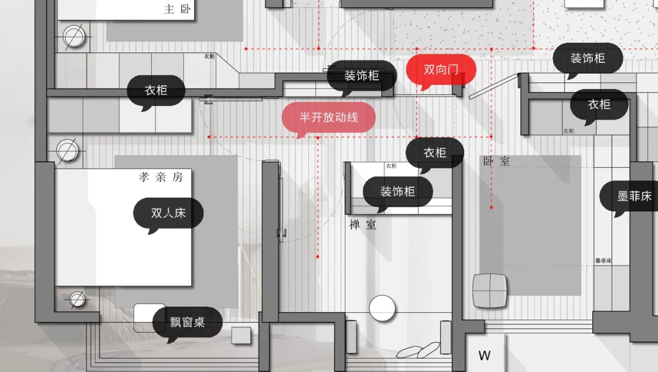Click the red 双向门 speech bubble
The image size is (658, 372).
point(440,70)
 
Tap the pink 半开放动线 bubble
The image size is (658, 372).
point(328,118)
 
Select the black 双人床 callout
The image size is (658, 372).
point(168,213)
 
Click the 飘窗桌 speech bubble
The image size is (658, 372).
point(187,322)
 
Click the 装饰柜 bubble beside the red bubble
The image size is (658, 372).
point(361,76)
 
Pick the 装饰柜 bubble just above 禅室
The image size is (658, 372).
point(397,191)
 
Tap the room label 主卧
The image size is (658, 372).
point(177,9)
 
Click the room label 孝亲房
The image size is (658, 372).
point(161,177)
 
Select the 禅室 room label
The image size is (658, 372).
point(363,224)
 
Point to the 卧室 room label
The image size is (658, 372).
point(497,161)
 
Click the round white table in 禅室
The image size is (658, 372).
point(383,307)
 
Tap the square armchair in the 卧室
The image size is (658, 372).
point(490,290)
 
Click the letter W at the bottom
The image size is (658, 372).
point(484,356)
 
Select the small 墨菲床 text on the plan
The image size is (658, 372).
point(603,260)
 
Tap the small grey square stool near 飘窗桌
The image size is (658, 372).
point(241,335)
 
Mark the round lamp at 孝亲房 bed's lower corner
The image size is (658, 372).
point(77,299)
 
